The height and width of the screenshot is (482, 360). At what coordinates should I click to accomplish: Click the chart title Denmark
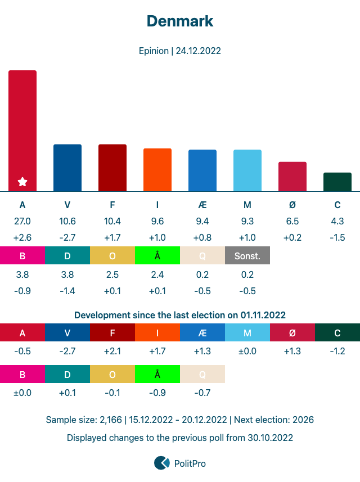pyautogui.click(x=180, y=21)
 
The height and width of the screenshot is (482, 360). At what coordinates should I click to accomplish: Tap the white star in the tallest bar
pyautogui.click(x=22, y=182)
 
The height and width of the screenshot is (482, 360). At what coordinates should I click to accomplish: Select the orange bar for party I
pyautogui.click(x=157, y=170)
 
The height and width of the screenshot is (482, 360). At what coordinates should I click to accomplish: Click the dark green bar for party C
pyautogui.click(x=337, y=182)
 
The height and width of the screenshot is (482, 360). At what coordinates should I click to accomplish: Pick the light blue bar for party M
pyautogui.click(x=247, y=170)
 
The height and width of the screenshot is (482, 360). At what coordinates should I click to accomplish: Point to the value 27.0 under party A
pyautogui.click(x=22, y=221)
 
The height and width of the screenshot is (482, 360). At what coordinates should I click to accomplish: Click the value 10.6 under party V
pyautogui.click(x=67, y=221)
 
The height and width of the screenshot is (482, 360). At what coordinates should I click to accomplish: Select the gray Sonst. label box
pyautogui.click(x=247, y=256)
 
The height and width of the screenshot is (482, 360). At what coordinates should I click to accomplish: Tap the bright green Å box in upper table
pyautogui.click(x=157, y=256)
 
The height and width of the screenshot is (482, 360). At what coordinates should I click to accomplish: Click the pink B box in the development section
pyautogui.click(x=22, y=374)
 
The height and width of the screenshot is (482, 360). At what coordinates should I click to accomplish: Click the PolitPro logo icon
pyautogui.click(x=162, y=463)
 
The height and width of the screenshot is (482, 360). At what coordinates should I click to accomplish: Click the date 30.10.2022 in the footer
pyautogui.click(x=270, y=437)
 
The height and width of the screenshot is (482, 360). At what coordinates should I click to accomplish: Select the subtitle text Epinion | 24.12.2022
pyautogui.click(x=180, y=51)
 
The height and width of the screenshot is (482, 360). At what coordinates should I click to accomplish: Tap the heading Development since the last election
pyautogui.click(x=180, y=315)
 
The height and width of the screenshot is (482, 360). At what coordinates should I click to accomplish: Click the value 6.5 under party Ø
pyautogui.click(x=292, y=221)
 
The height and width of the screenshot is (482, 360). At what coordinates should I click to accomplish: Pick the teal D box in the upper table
pyautogui.click(x=67, y=256)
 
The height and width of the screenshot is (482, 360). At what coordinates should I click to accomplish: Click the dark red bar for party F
pyautogui.click(x=112, y=168)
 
